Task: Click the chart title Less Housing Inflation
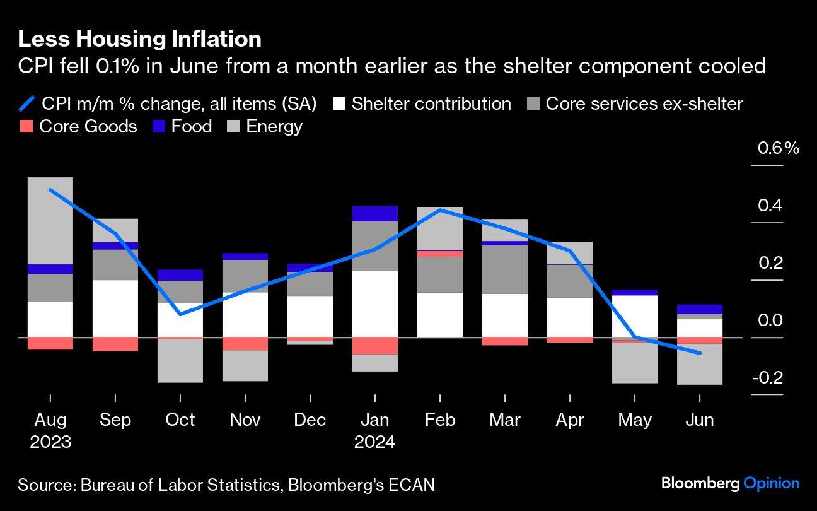coord(139,39)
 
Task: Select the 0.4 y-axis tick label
coord(770,206)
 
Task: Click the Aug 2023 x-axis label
coord(50,430)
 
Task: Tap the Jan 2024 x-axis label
coord(374,430)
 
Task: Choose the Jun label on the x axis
coord(699,420)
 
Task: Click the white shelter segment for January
coord(374,303)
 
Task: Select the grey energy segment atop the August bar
coord(50,220)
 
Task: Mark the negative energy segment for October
coord(180,360)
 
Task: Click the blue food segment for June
coord(699,309)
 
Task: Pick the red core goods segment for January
coord(374,346)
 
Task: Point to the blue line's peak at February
coord(440,209)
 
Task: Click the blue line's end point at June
coord(700,353)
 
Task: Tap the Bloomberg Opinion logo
coord(729,484)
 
